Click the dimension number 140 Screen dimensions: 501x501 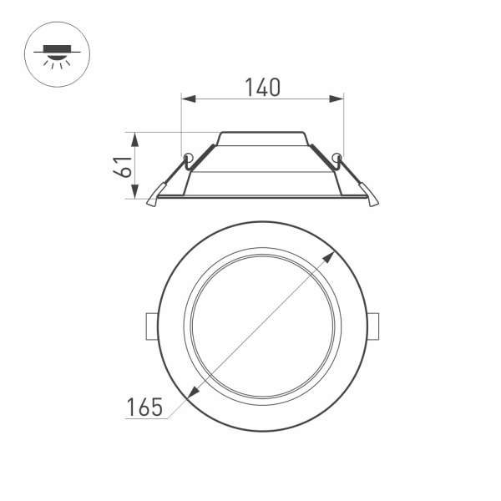tap(262, 87)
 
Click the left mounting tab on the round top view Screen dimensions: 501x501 tap(151, 326)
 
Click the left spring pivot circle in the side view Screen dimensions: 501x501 tap(188, 157)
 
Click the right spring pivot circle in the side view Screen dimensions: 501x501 tap(337, 157)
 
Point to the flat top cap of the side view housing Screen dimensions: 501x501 tap(262, 133)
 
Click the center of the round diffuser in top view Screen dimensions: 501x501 tap(262, 326)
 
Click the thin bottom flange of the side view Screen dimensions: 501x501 tap(262, 197)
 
